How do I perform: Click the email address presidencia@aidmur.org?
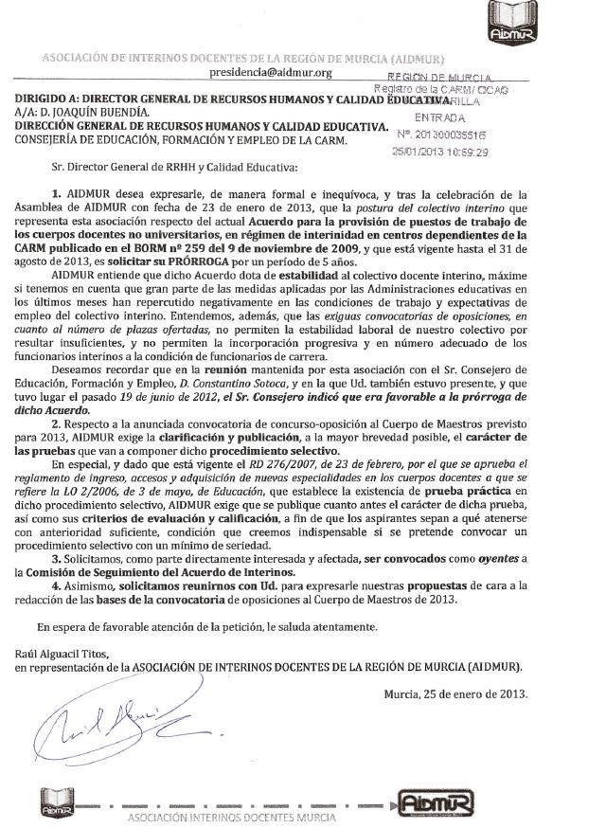[x=271, y=72]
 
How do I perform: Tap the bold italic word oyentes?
[x=505, y=559]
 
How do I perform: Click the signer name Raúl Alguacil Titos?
[x=62, y=654]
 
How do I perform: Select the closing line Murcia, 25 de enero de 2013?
[x=457, y=693]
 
